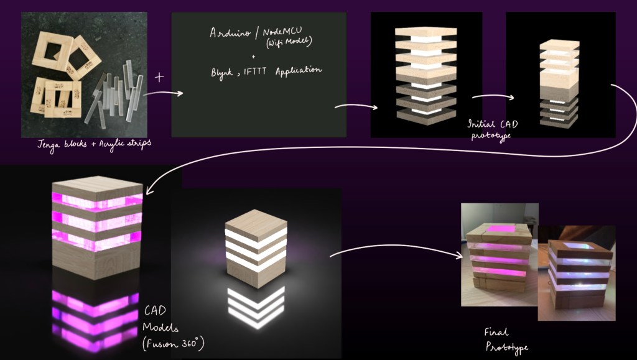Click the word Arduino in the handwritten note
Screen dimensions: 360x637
click(228, 33)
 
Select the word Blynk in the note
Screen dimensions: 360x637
click(223, 72)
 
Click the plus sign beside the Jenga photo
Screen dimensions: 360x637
click(159, 78)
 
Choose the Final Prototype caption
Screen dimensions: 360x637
click(503, 339)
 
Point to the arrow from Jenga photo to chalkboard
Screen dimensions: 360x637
click(163, 94)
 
